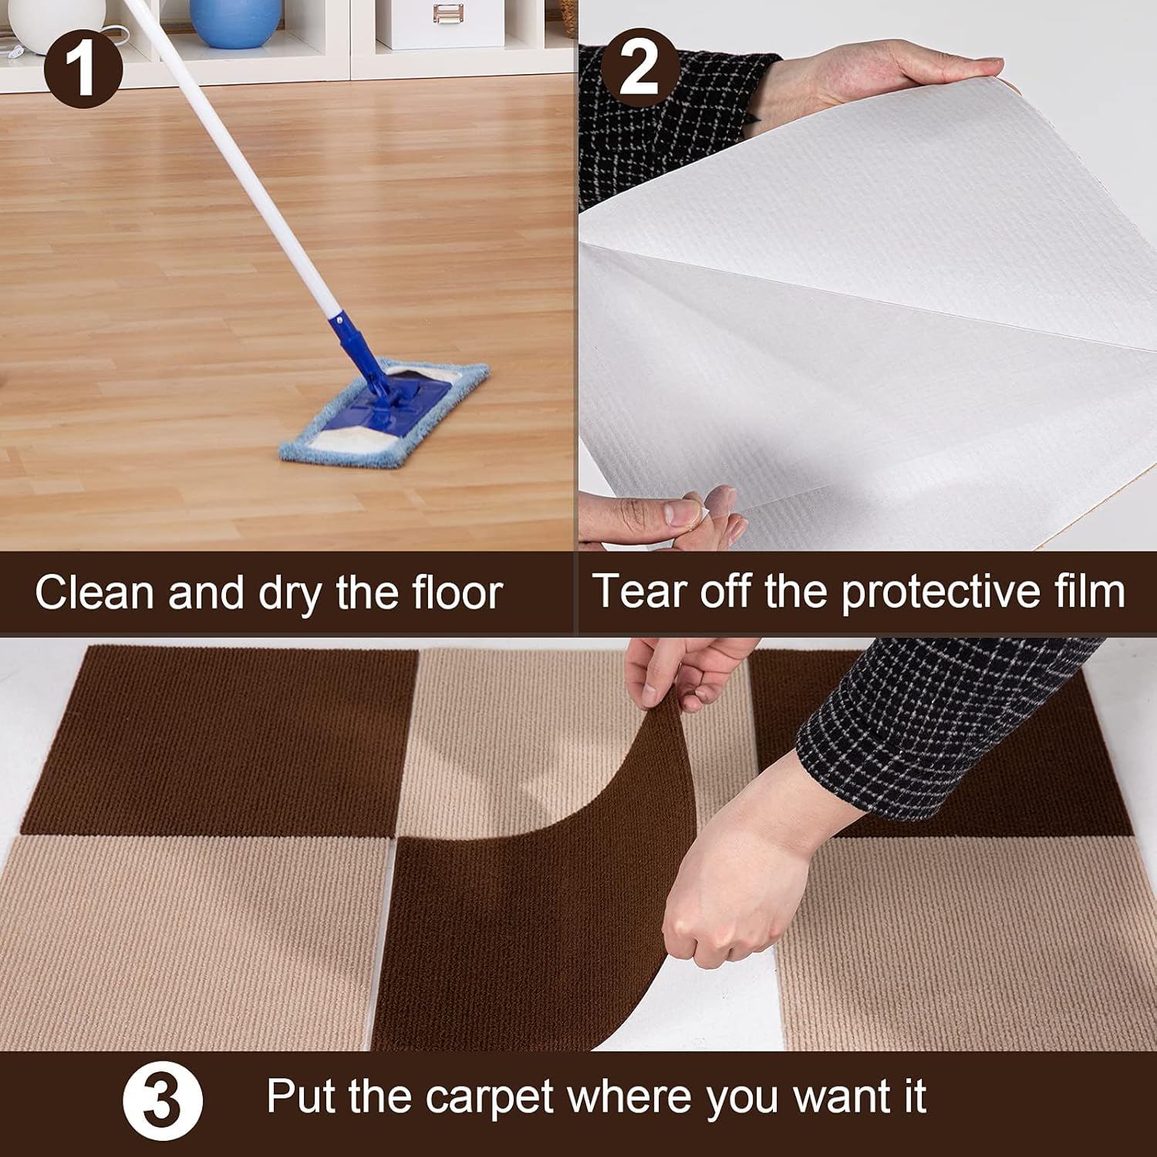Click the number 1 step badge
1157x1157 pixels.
[83, 67]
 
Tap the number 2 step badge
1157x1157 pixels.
[639, 67]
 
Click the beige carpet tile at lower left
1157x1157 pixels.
[193, 941]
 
